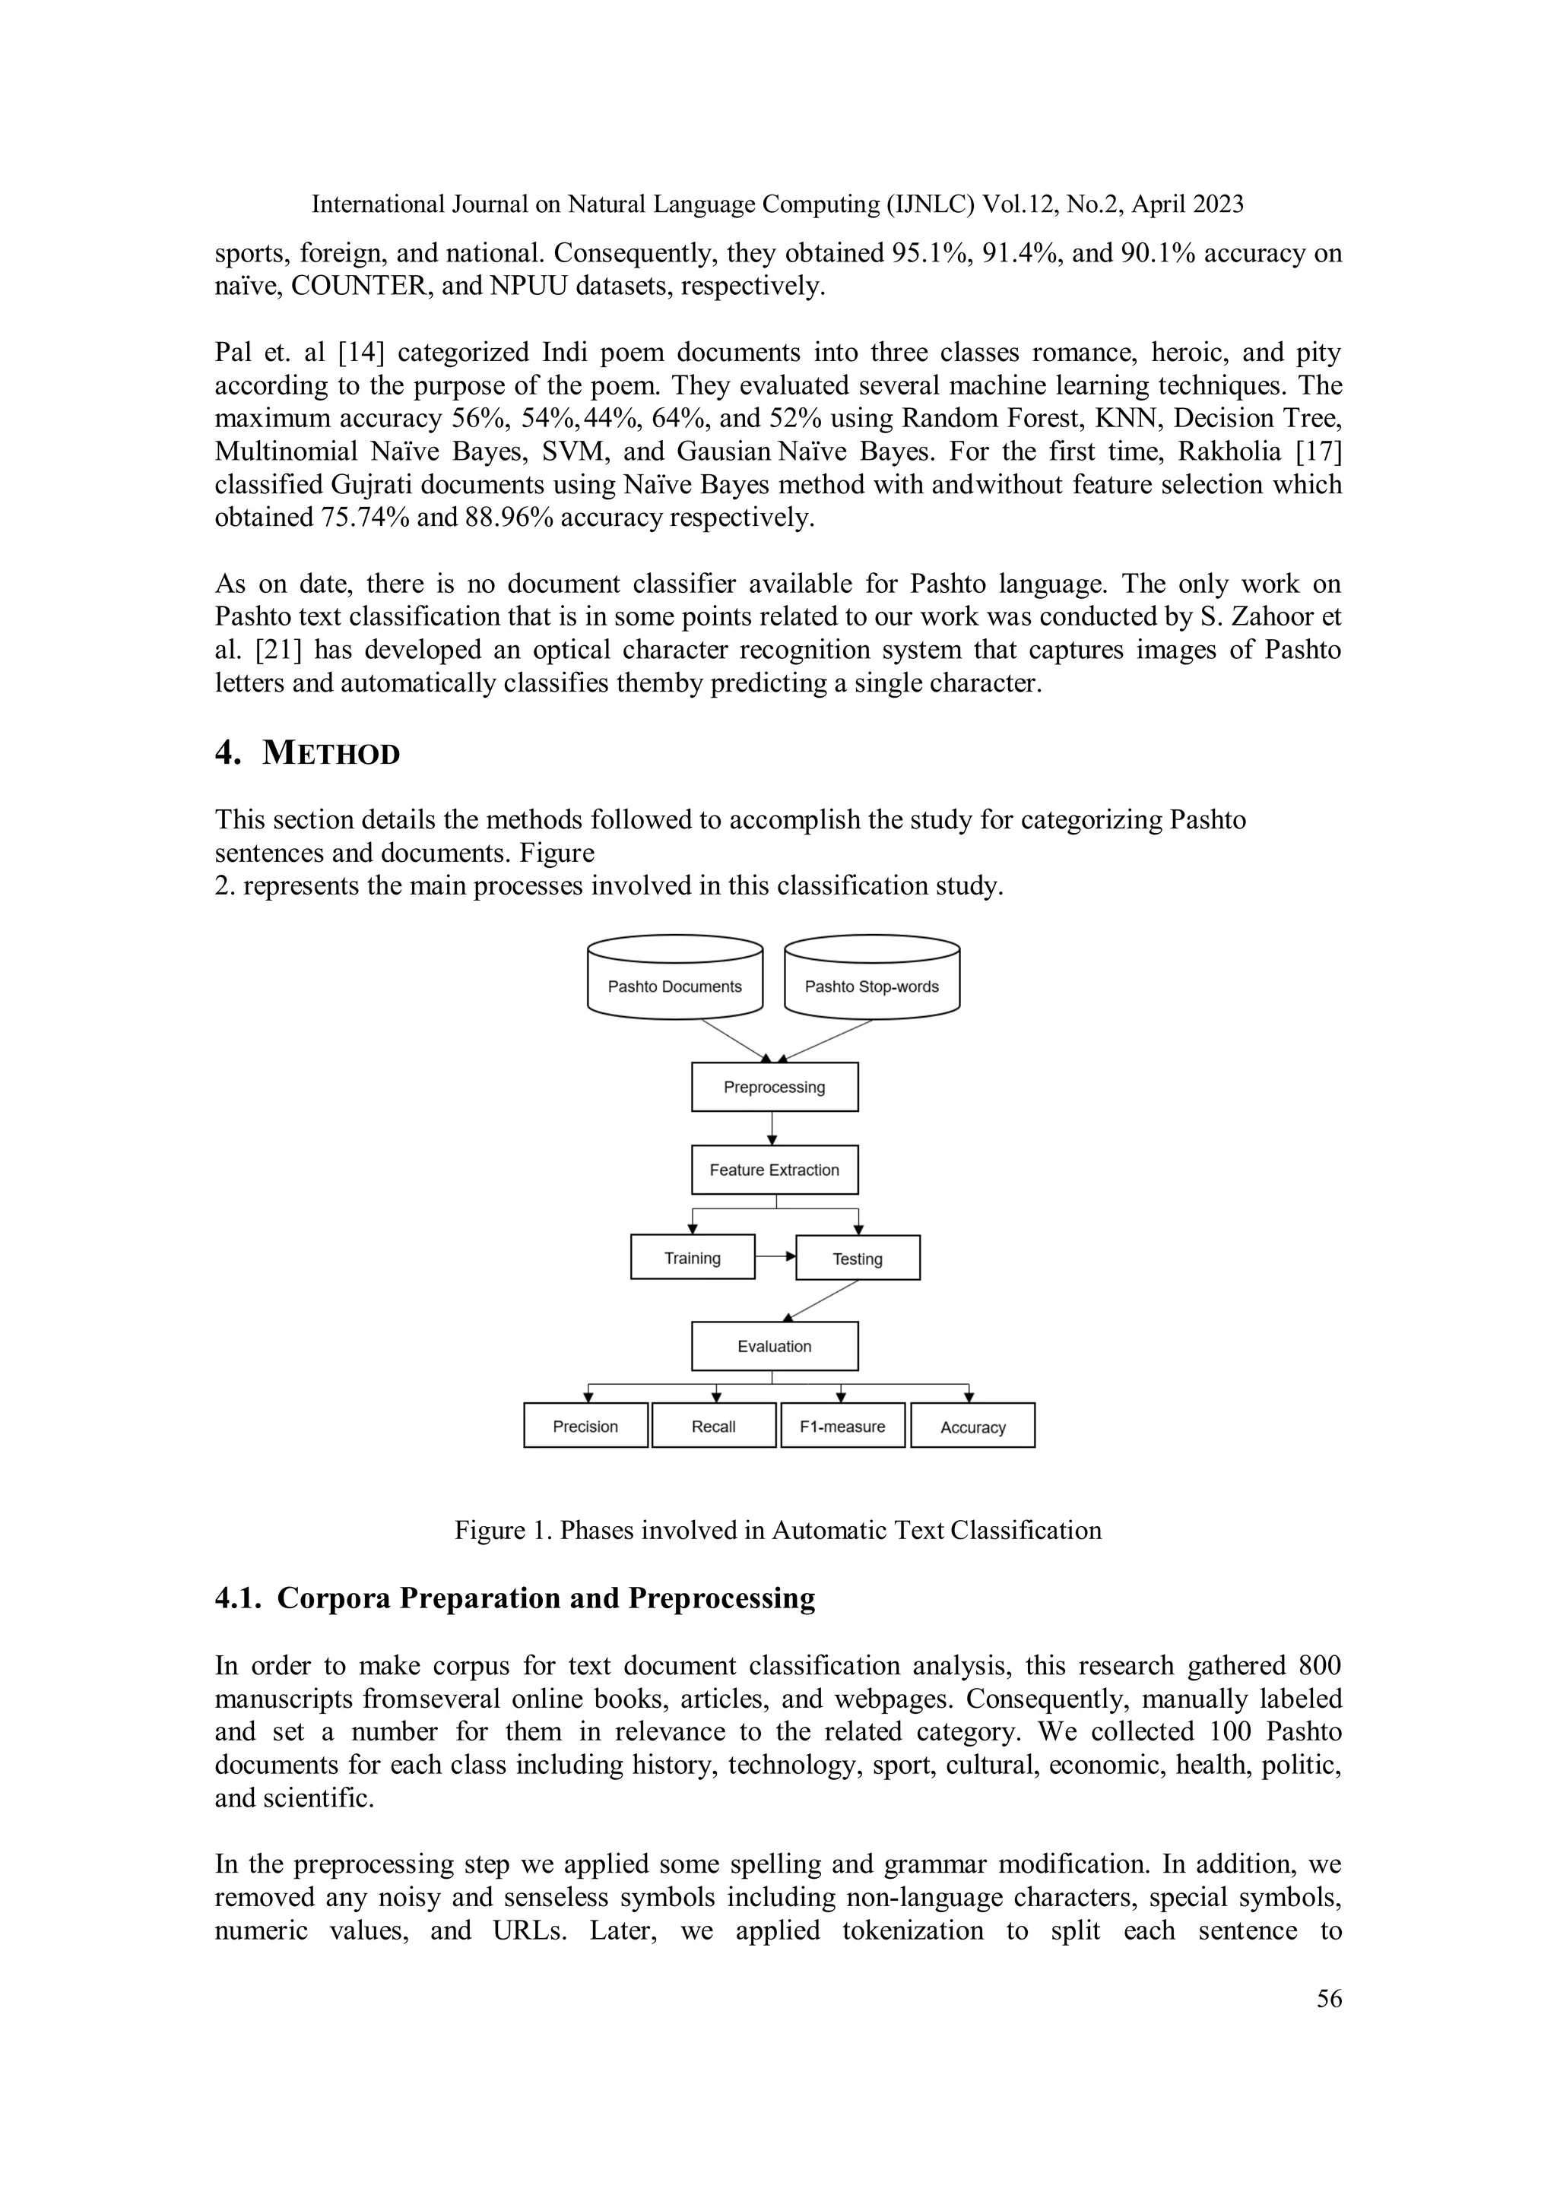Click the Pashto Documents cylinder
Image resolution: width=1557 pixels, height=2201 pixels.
(675, 980)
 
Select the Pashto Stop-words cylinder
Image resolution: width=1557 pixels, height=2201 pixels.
(871, 980)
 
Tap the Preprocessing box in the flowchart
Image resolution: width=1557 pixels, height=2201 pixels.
(775, 1087)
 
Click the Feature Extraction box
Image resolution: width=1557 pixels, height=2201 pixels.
(775, 1170)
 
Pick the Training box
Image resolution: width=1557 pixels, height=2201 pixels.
(693, 1258)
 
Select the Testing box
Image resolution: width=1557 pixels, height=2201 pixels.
(857, 1259)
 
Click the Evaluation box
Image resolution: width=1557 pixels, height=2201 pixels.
(775, 1346)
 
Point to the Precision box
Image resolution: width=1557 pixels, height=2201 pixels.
(586, 1427)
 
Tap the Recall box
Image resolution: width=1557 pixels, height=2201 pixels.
(713, 1427)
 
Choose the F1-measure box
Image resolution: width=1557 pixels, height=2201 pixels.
(842, 1427)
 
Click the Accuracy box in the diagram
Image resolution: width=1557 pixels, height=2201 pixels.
(973, 1427)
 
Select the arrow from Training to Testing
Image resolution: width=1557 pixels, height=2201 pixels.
(775, 1256)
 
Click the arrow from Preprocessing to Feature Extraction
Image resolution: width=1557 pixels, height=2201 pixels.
(772, 1129)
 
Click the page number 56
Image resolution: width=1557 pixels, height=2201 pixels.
(1329, 2000)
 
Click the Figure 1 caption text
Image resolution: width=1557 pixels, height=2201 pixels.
(778, 1530)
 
